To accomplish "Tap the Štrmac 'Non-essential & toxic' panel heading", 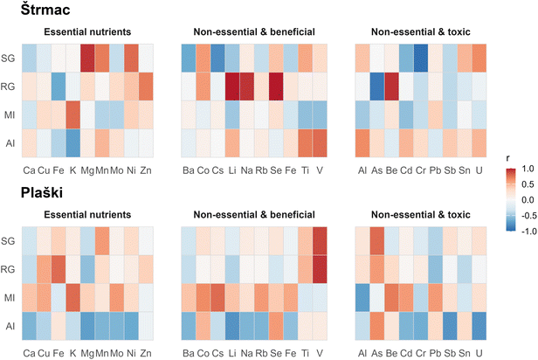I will [x=420, y=32].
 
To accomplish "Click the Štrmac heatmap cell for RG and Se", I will [x=277, y=86].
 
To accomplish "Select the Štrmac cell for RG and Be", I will [x=391, y=86].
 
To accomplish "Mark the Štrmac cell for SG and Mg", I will [x=87, y=58].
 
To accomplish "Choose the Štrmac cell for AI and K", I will [x=72, y=142].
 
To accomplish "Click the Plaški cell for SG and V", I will [x=318, y=239].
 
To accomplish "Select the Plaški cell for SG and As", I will [x=376, y=239].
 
